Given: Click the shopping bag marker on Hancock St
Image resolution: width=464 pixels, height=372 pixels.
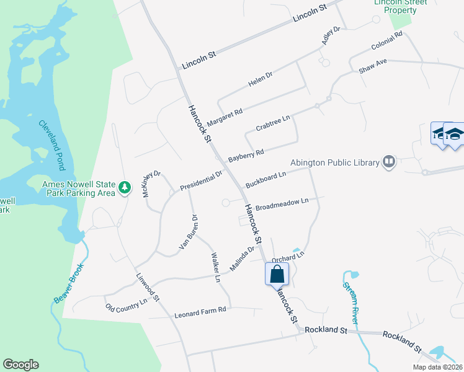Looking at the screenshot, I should click(x=277, y=274).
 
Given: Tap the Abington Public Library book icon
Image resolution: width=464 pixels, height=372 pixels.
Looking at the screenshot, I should click(x=389, y=162).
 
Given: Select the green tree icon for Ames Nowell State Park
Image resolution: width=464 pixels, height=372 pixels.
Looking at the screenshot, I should click(x=125, y=187).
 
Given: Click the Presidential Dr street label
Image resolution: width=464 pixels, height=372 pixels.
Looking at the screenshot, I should click(x=201, y=180).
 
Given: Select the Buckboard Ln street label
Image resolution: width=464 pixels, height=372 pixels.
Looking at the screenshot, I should click(x=265, y=180).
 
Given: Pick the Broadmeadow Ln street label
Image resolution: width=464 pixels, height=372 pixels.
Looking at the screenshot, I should click(x=282, y=204).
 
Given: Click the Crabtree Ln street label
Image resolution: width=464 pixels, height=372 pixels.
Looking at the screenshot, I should click(x=273, y=123).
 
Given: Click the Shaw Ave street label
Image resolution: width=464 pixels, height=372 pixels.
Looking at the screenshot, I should click(x=373, y=66).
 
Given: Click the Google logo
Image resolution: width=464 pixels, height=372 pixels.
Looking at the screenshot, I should click(x=20, y=365).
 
